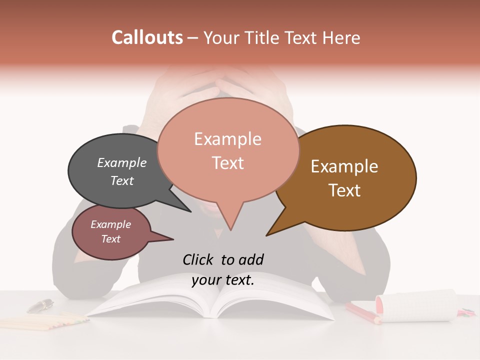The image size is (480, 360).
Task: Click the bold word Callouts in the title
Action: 147,37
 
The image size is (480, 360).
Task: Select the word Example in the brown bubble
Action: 344,166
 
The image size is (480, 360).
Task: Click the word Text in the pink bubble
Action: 228,163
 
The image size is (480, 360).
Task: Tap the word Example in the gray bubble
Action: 122,162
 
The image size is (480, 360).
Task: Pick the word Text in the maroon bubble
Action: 111,239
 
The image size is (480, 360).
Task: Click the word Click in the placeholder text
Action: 199,259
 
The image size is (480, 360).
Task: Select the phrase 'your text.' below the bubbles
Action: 223,280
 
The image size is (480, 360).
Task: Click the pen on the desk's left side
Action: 40,305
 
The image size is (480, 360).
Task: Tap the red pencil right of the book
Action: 362,312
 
